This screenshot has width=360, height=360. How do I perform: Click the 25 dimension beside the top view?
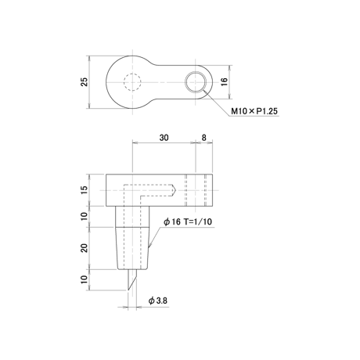tap(85, 82)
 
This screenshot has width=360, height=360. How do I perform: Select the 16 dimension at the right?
tap(225, 82)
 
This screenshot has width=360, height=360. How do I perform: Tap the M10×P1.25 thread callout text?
tap(254, 111)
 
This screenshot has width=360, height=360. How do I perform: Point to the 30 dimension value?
tap(164, 138)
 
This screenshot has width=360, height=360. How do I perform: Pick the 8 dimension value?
tap(204, 138)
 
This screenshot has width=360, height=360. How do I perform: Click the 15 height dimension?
tap(85, 190)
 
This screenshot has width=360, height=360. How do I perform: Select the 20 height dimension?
tap(85, 247)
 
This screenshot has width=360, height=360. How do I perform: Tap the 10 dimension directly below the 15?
tap(85, 216)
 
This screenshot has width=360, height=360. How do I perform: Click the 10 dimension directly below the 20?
tap(85, 279)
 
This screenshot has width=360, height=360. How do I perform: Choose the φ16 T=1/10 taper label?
tap(188, 221)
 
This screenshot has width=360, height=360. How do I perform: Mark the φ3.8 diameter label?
tap(158, 301)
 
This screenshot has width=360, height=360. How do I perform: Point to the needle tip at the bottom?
tap(128, 290)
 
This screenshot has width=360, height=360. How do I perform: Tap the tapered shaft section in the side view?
tap(132, 248)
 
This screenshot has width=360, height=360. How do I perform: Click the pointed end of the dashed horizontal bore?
tap(176, 190)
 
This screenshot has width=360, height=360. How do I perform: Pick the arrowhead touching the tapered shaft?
tap(149, 246)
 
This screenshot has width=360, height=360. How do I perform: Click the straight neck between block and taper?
tap(132, 217)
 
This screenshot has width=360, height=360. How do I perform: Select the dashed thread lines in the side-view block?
tap(196, 190)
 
